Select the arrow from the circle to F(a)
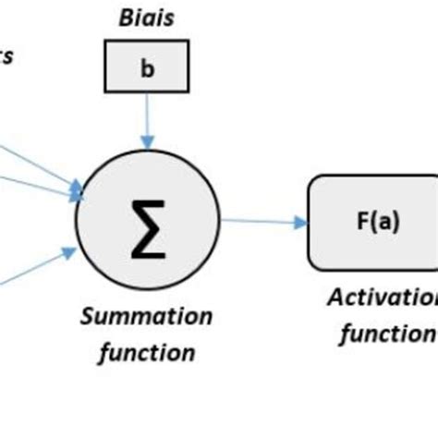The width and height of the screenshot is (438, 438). [x=263, y=222]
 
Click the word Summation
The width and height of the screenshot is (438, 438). [x=147, y=317]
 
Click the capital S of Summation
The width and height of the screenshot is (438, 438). [x=89, y=317]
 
